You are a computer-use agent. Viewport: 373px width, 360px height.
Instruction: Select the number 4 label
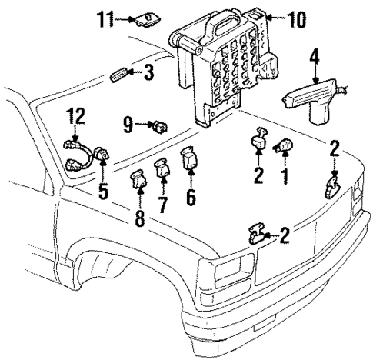click(314, 55)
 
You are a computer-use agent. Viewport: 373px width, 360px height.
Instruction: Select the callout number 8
click(139, 218)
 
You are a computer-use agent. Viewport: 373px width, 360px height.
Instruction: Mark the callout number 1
click(285, 177)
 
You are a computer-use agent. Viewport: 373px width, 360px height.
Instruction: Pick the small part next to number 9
click(161, 123)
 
